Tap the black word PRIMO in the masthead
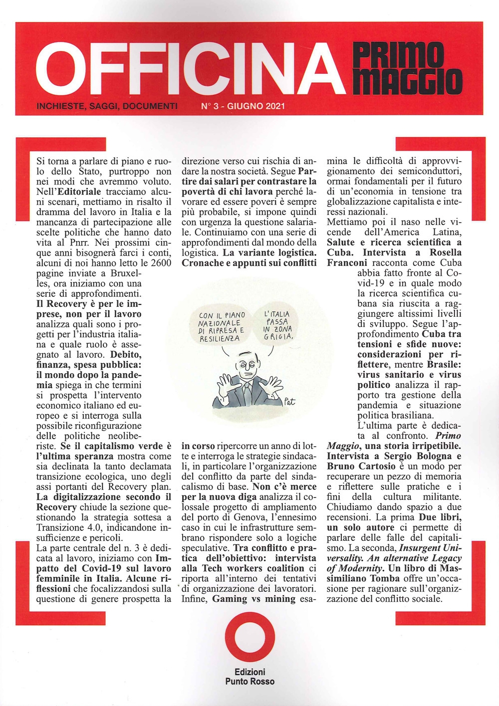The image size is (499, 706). click(398, 54)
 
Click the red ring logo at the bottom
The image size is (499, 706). click(249, 640)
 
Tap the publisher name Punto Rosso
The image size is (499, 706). click(249, 682)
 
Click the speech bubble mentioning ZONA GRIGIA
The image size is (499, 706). click(277, 325)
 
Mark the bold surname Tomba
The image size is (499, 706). click(385, 578)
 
